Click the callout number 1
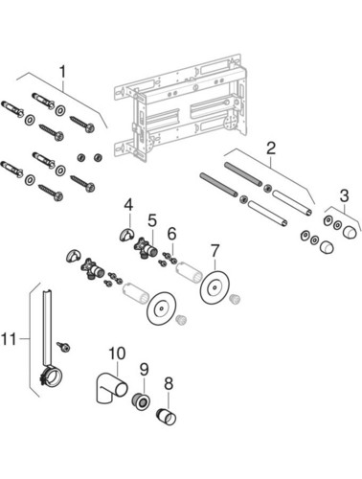63,72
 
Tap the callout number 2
271,148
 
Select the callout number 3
344,195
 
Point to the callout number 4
128,205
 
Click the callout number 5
152,220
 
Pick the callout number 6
171,235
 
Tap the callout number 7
215,251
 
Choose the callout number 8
169,383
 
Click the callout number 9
145,370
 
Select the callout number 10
117,354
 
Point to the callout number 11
9,339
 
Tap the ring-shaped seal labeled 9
141,401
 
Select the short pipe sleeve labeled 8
167,417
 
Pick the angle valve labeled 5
147,247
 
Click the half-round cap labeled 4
126,235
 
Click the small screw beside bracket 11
64,347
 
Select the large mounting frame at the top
180,107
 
